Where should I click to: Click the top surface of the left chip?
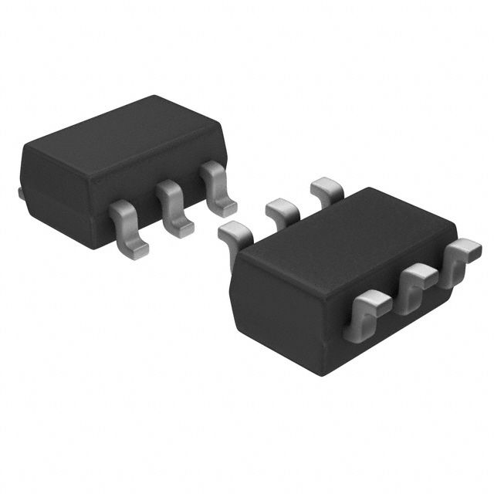[123, 143]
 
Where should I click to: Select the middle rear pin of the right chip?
[282, 209]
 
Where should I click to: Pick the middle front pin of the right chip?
[417, 282]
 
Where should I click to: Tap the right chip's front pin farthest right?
[462, 255]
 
